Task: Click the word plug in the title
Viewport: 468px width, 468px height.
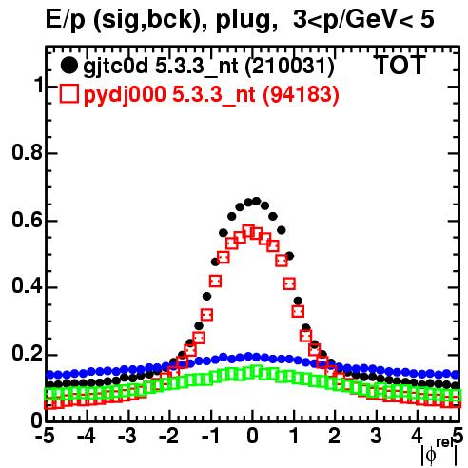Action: coord(243,19)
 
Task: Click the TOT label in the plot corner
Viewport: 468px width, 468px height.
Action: coord(400,65)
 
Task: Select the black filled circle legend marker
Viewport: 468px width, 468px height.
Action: coord(68,66)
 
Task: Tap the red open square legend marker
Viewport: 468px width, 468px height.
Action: coord(68,93)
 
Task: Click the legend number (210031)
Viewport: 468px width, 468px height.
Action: coord(290,66)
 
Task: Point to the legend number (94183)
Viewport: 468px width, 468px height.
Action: coord(302,94)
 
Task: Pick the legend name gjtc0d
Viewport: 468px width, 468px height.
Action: coord(115,67)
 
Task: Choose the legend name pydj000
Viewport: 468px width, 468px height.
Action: coord(125,95)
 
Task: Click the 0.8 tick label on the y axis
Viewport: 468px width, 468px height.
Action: coord(27,152)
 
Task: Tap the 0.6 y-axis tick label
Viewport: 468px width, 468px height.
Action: coord(27,220)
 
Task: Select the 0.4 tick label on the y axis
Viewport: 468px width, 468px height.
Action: coord(27,287)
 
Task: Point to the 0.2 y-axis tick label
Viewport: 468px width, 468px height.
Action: coord(27,355)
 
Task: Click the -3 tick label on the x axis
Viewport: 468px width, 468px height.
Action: coord(127,436)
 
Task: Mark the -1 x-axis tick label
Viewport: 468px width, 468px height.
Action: coord(211,436)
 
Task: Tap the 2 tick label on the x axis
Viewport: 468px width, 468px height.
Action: coord(334,436)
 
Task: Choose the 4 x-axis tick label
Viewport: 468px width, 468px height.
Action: coord(417,436)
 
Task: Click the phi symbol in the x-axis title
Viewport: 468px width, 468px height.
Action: coord(431,456)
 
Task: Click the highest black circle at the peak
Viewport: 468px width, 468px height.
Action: coord(256,201)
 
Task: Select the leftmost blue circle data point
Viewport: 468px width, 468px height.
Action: coord(49,375)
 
